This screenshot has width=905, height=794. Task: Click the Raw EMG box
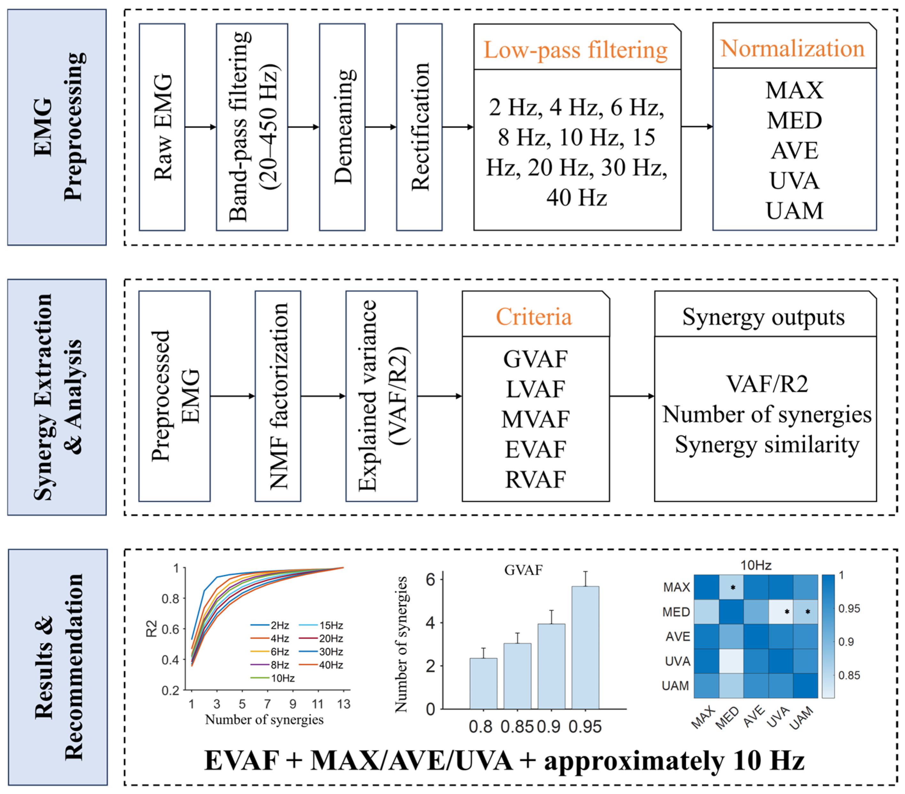coord(162,127)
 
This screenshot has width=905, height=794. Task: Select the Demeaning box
coord(342,127)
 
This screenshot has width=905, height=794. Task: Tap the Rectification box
coord(419,127)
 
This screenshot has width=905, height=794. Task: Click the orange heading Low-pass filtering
coord(575,50)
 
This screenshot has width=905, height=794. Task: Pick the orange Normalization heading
coord(792,48)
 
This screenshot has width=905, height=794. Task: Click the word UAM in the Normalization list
coord(794,210)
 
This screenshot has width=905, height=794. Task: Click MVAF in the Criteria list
coord(535,419)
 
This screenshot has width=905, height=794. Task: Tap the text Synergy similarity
coord(767,444)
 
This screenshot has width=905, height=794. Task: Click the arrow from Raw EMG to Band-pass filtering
coord(200,127)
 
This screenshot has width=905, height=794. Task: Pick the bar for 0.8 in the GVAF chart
coord(483,683)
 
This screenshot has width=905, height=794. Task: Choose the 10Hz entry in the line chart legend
coord(282,678)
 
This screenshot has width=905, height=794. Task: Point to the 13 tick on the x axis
coord(344,704)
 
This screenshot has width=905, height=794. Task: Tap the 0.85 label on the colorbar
coord(849,676)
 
